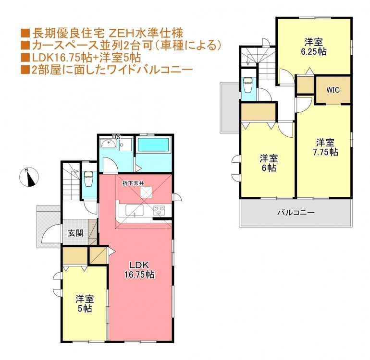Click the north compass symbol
29,177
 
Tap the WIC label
333,90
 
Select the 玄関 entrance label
75,233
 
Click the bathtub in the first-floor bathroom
153,145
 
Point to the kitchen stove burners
159,210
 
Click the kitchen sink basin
135,210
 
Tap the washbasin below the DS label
108,144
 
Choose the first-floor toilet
88,179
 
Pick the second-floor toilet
248,85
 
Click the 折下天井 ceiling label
133,183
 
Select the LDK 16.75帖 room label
139,270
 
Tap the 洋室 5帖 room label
85,304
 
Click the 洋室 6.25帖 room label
314,47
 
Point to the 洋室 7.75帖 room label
325,147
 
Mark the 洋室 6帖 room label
269,163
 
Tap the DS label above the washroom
116,137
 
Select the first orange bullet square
25,33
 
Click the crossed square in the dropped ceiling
146,192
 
